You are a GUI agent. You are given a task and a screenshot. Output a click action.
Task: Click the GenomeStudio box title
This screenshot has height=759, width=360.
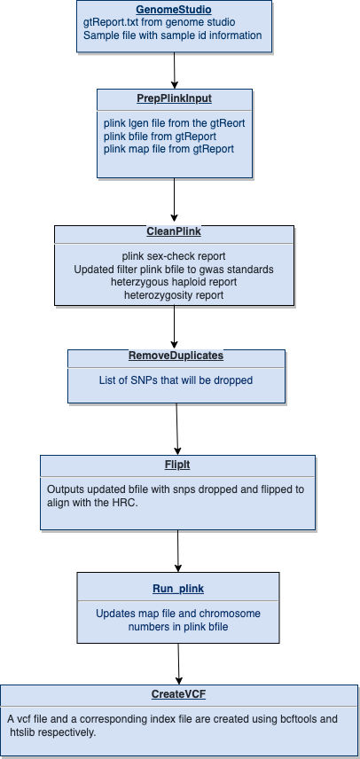[174, 10]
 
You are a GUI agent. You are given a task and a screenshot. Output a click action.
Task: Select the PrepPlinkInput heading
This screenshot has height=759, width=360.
[174, 98]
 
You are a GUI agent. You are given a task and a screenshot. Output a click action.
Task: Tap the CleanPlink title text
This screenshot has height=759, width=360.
[174, 231]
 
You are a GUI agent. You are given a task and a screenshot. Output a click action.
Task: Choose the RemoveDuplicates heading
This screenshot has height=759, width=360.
[176, 356]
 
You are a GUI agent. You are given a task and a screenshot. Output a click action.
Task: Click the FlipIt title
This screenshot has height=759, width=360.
[177, 465]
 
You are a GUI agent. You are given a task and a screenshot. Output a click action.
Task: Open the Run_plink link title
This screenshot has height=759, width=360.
[178, 589]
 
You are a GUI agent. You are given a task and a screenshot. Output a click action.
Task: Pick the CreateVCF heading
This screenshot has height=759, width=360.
[178, 694]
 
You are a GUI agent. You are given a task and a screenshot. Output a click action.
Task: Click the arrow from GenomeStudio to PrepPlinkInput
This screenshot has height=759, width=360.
[174, 71]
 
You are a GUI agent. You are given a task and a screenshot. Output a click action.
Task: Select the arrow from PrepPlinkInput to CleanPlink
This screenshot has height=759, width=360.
[174, 200]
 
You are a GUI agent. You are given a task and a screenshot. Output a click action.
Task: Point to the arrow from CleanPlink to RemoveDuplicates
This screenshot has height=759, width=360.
[174, 327]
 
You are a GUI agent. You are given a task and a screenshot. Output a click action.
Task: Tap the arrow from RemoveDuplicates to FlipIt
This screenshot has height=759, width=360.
[177, 429]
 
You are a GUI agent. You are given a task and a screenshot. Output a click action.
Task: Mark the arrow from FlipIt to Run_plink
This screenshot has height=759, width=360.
[177, 551]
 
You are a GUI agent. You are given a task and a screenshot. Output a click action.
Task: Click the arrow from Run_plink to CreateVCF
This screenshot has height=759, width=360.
[178, 663]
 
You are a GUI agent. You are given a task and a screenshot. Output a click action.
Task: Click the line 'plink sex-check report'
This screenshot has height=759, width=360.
[174, 256]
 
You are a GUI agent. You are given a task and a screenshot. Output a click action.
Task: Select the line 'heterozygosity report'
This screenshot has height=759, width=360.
[174, 294]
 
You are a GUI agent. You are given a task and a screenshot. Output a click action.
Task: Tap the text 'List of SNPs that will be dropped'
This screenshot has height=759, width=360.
[176, 380]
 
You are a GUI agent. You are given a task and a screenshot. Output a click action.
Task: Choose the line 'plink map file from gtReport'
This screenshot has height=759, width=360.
[168, 149]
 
